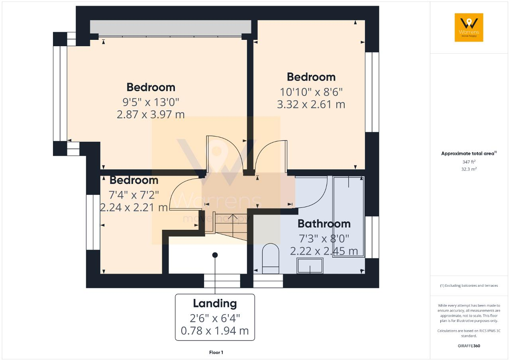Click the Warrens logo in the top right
point(469,27)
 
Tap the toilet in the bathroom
point(271,259)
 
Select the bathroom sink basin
point(310,266)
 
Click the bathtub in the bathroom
point(349,217)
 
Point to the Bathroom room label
point(324,223)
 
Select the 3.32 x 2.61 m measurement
point(311,104)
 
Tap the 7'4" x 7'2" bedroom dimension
point(134,195)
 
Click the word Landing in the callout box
point(215,303)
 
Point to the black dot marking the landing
point(215,255)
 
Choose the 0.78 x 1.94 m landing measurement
point(215,331)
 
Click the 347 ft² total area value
point(469,162)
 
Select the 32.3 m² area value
point(469,169)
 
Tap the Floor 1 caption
point(216,352)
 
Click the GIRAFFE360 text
point(469,346)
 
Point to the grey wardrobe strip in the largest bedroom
point(171,27)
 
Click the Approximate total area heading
point(468,153)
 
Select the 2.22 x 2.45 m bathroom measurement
point(324,251)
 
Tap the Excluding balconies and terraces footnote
point(469,286)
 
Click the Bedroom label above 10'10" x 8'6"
point(311,77)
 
